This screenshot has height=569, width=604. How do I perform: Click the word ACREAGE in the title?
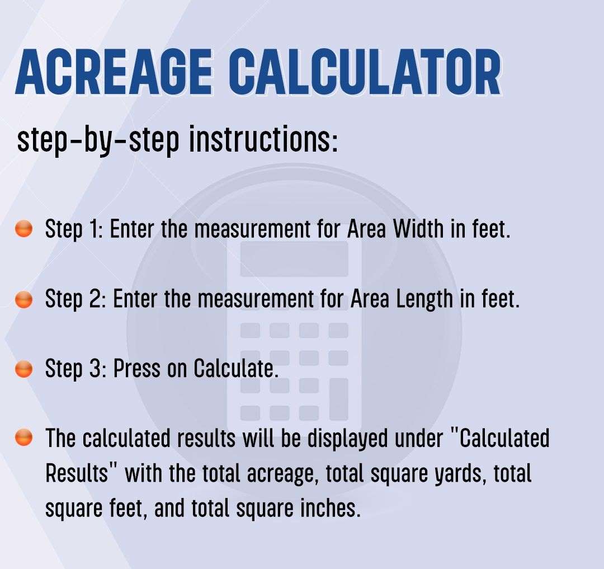point(114,73)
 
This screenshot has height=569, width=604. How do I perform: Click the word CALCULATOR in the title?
point(366,73)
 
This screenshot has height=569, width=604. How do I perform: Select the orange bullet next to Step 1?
point(23,229)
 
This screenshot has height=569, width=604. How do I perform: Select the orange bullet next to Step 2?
point(23,299)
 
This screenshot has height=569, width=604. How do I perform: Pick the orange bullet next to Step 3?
point(23,369)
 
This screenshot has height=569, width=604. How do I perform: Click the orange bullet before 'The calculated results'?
point(23,437)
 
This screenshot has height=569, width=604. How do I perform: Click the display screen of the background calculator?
point(294,258)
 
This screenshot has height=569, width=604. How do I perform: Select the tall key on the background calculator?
point(338,399)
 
